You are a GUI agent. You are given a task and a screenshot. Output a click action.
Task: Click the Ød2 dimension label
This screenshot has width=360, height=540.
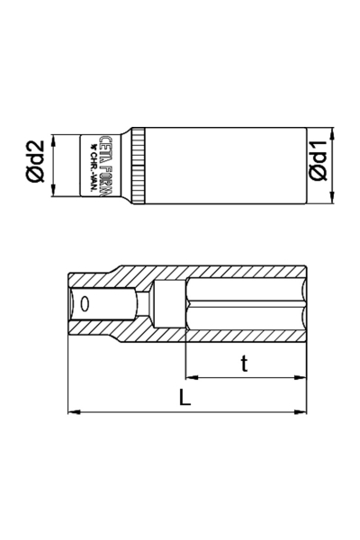(36, 166)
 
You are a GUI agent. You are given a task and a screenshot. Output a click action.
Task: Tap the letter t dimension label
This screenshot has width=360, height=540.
(244, 364)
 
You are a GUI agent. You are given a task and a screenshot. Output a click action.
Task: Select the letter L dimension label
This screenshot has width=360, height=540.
(184, 399)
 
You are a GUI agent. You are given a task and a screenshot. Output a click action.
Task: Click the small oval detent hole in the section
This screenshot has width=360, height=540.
(85, 303)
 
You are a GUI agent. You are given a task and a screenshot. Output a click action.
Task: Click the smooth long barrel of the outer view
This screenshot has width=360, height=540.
(225, 166)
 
